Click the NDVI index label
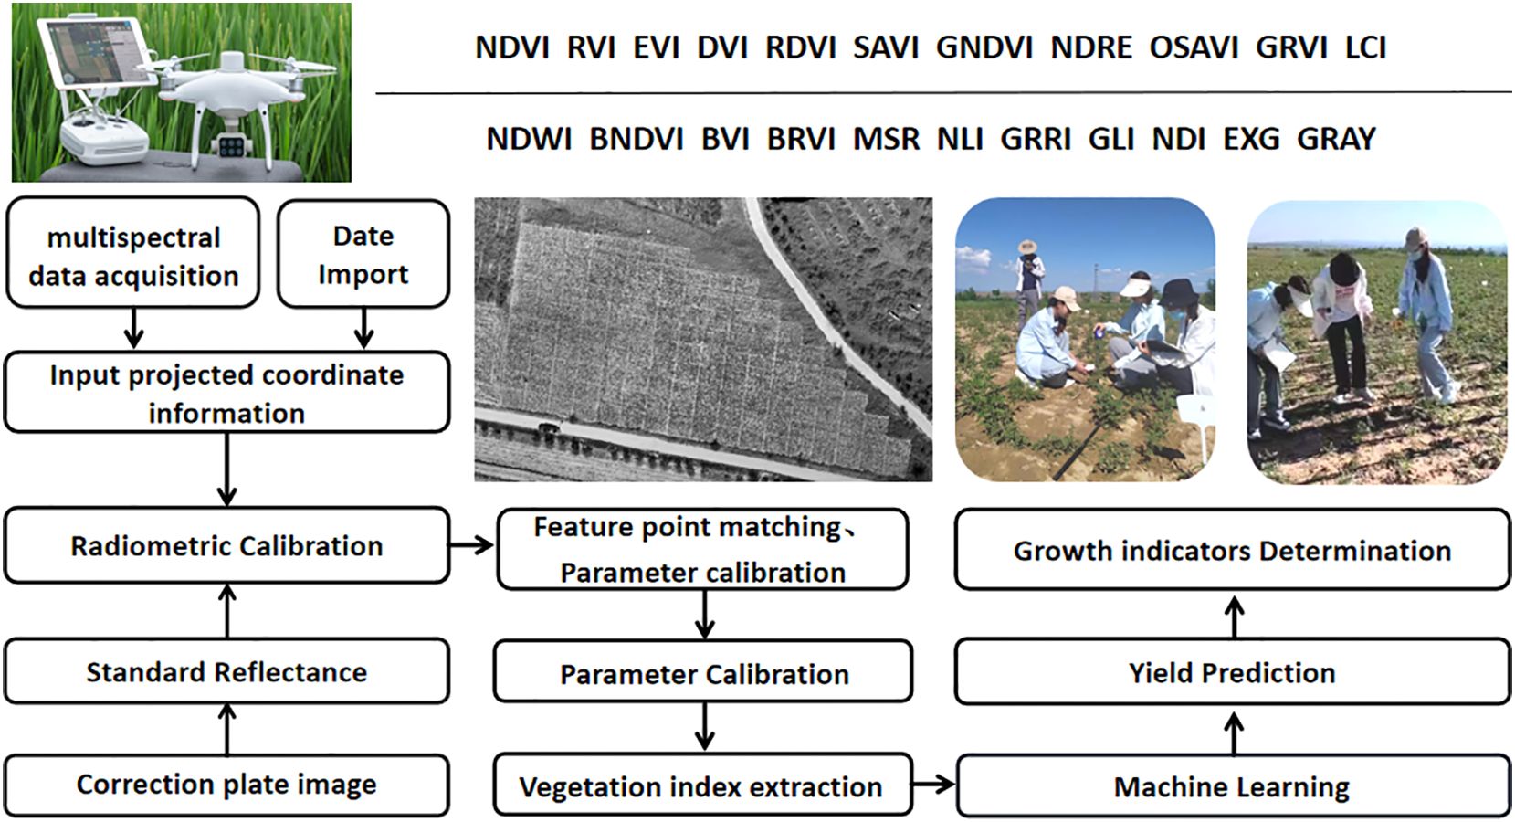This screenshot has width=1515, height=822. (512, 48)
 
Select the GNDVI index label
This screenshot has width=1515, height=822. (984, 48)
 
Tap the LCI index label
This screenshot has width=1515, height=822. (1365, 48)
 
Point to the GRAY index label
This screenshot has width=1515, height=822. (1336, 140)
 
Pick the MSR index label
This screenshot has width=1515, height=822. (886, 140)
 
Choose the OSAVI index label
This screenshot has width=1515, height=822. (1194, 48)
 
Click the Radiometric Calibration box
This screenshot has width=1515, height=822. (226, 545)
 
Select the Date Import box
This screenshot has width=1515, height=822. (363, 254)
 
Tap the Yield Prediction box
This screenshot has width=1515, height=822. (1232, 672)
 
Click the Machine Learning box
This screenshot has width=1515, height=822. (1232, 786)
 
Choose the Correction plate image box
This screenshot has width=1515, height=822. (226, 785)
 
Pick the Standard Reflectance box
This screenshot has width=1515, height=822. (226, 672)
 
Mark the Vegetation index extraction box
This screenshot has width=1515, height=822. (702, 785)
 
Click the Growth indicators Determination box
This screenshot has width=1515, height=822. (1232, 550)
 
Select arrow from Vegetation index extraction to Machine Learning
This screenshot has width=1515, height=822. (934, 785)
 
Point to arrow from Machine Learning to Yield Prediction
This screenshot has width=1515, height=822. (1235, 733)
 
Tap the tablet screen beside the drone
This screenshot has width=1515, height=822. (100, 52)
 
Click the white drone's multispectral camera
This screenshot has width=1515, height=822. (231, 145)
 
